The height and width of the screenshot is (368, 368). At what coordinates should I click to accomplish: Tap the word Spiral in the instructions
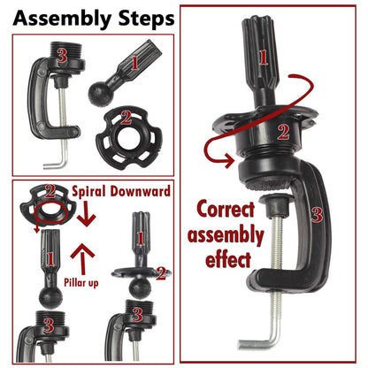[x=88, y=192]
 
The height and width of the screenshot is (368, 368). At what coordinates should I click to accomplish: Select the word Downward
[x=141, y=191]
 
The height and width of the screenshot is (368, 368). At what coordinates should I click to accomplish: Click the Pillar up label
[x=81, y=282]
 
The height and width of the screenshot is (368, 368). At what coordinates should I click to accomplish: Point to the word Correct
[x=226, y=209]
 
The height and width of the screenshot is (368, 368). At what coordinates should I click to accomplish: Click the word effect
[x=228, y=259]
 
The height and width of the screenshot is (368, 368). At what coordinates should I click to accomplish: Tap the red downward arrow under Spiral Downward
[x=86, y=214]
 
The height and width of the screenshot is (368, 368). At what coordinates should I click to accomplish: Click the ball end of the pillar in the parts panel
[x=100, y=94]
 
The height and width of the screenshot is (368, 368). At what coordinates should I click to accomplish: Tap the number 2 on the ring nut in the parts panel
[x=126, y=118]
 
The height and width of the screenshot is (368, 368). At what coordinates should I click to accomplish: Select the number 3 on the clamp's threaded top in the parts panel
[x=62, y=56]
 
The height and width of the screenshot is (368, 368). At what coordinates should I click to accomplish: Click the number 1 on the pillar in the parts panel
[x=134, y=63]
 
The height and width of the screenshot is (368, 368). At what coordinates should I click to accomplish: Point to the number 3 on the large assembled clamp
[x=317, y=214]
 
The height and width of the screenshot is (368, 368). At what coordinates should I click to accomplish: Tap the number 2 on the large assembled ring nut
[x=283, y=132]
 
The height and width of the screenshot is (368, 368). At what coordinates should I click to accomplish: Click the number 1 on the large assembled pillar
[x=264, y=57]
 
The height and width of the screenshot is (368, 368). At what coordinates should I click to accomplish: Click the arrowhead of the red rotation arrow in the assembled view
[x=229, y=161]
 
